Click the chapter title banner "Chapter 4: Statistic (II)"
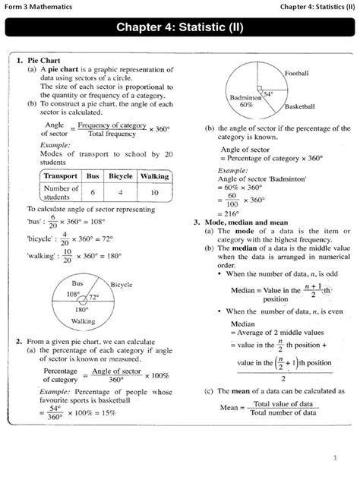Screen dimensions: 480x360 click(x=179, y=30)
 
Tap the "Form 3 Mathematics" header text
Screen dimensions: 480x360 click(x=39, y=7)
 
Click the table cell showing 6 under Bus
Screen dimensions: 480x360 click(x=93, y=193)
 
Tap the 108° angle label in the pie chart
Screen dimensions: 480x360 click(x=74, y=293)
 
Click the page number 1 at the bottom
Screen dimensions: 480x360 click(x=333, y=457)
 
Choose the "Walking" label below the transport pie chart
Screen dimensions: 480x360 click(x=84, y=321)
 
